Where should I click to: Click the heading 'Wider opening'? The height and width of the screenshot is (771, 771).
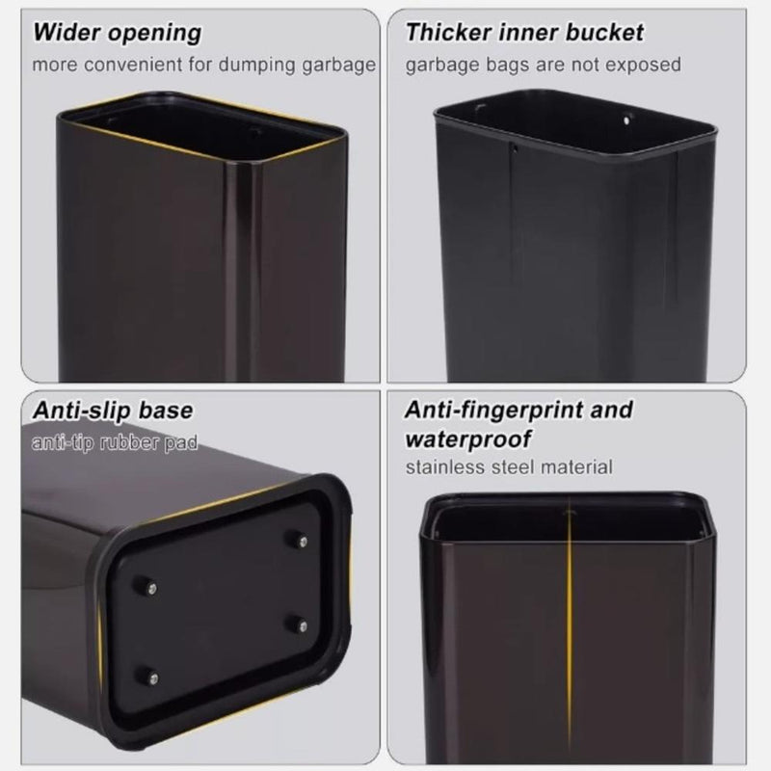tap(117, 33)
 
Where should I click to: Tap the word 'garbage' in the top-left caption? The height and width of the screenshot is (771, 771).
tap(341, 66)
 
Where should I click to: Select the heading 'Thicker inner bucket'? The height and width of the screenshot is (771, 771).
tap(524, 32)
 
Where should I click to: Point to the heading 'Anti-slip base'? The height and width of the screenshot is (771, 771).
tap(113, 410)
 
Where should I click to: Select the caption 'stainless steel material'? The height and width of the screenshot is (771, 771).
tap(509, 468)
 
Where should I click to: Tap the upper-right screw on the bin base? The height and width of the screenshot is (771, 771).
tap(296, 543)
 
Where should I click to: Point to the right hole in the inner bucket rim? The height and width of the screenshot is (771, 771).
tap(628, 122)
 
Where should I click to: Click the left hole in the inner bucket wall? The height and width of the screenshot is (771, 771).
tap(514, 147)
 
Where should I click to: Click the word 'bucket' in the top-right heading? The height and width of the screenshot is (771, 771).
tap(609, 32)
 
